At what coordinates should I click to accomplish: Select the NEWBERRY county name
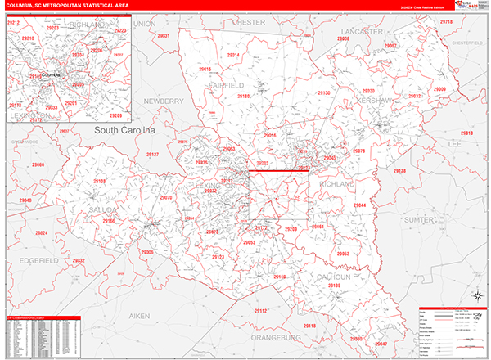pyautogui.click(x=164, y=101)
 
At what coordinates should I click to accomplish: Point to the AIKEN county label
pyautogui.click(x=140, y=315)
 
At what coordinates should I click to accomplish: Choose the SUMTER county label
pyautogui.click(x=423, y=220)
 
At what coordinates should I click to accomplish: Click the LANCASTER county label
pyautogui.click(x=358, y=31)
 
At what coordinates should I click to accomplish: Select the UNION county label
pyautogui.click(x=144, y=25)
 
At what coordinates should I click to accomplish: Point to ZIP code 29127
pyautogui.click(x=152, y=155)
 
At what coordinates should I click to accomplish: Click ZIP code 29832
pyautogui.click(x=79, y=260)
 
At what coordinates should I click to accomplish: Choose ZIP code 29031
pyautogui.click(x=163, y=37)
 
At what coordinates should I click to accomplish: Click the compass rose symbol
pyautogui.click(x=477, y=295)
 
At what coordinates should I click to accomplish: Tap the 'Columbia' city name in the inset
pyautogui.click(x=51, y=74)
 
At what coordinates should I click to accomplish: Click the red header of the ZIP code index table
pyautogui.click(x=43, y=317)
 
